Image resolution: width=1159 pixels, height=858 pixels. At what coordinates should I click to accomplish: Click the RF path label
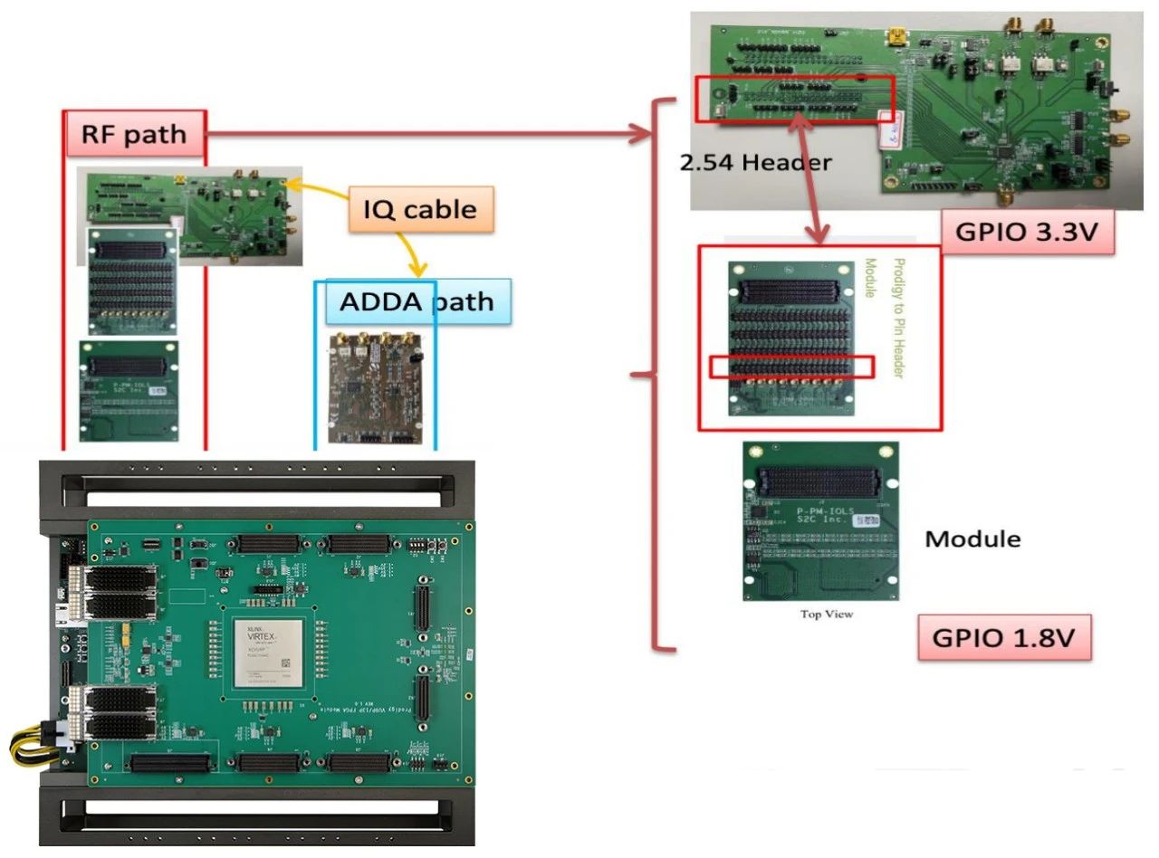135,135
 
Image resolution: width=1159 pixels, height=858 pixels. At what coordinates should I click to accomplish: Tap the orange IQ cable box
419,209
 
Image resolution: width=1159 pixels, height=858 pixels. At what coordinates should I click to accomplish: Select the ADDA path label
417,301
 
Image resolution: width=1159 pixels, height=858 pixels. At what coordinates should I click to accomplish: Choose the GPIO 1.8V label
1003,637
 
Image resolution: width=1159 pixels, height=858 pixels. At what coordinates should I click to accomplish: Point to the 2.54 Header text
754,163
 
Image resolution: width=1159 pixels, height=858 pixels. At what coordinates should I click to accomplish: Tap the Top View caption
826,615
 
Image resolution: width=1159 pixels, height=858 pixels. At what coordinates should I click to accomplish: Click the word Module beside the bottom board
972,539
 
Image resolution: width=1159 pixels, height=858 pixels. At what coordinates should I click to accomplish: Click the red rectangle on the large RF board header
794,99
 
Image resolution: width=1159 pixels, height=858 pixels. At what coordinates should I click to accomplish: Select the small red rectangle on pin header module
791,366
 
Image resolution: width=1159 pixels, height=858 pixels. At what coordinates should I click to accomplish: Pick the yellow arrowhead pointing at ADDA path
418,270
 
